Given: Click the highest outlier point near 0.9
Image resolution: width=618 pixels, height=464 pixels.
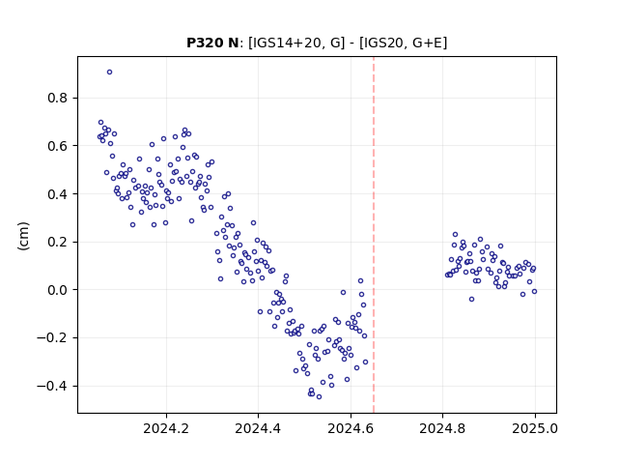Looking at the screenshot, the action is point(109,72).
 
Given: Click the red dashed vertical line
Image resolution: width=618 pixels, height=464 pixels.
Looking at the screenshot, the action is point(374,235).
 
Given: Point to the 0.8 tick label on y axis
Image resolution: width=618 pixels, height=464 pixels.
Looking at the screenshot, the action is point(57,98).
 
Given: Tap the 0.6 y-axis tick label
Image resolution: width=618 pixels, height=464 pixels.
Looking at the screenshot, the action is point(57,146).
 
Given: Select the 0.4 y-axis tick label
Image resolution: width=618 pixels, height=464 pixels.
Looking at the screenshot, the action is point(57,194).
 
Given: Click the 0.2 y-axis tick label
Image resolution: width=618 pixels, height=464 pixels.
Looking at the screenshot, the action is point(57,242).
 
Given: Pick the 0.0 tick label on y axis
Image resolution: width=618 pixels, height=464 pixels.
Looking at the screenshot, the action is point(57,290).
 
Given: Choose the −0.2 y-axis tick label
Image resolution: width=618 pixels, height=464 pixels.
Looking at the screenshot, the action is point(52,338).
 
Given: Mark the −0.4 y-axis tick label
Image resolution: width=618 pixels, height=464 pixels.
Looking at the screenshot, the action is point(52,387).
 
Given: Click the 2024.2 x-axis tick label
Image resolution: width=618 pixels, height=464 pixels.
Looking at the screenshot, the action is point(166,428).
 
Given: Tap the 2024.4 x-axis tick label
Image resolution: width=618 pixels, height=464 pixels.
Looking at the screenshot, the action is point(258,428).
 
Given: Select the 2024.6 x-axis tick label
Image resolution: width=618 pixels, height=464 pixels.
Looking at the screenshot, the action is point(351,428).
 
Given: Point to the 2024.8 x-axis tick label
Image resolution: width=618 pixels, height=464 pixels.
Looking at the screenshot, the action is point(442,428).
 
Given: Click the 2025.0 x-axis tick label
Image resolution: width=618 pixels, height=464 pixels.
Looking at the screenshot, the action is point(535,428).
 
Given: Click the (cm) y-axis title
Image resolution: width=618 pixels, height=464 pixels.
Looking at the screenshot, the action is point(23,236).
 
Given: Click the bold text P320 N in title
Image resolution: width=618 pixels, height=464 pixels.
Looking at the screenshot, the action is point(212,43).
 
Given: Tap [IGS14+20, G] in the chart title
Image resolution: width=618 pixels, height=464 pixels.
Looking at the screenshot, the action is point(296,43).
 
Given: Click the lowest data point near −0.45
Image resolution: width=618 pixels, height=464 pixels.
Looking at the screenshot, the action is point(319,397).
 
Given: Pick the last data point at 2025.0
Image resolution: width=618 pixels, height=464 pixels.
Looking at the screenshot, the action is point(534,292).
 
